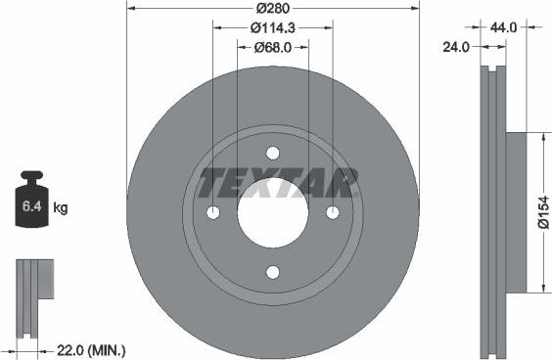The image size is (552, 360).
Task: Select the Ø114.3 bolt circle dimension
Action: [273, 28]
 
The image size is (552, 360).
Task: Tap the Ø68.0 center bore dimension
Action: [273, 47]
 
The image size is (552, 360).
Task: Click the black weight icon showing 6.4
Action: [34, 202]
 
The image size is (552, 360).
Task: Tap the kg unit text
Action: [61, 208]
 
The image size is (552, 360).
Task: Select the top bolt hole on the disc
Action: [273, 153]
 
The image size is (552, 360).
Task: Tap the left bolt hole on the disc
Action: [213, 213]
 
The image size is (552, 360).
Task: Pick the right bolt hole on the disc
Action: [333, 213]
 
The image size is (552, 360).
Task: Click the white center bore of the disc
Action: [273, 214]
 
